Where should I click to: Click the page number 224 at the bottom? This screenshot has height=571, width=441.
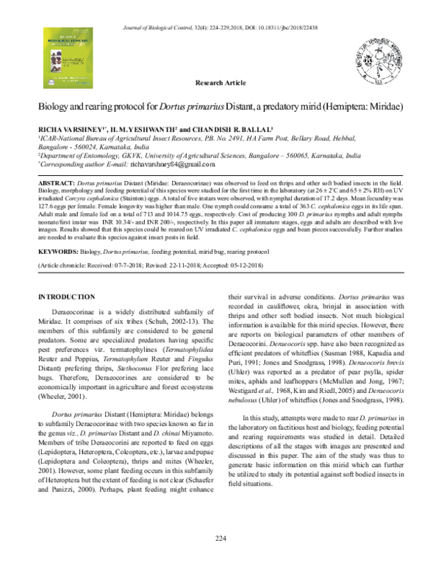click(220, 560)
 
